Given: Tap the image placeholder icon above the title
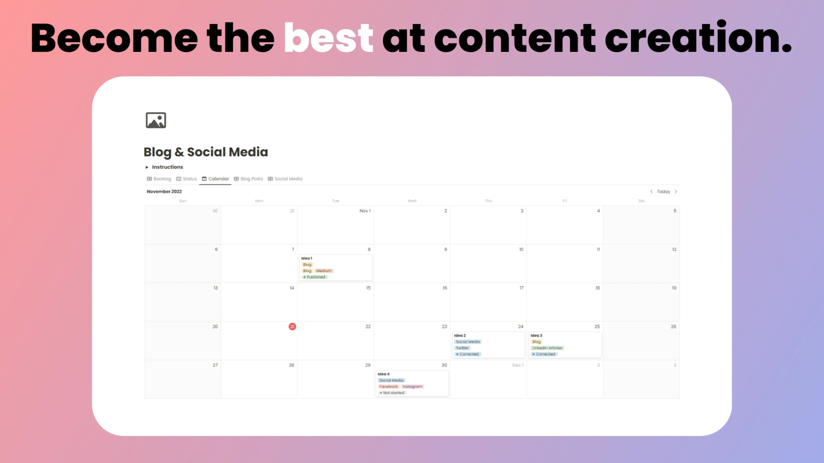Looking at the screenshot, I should (156, 120).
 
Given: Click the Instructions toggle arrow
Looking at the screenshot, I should (147, 167).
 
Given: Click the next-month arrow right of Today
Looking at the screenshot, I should (676, 191).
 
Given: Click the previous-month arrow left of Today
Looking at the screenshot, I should (651, 191).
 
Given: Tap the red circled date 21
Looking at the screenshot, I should (292, 327).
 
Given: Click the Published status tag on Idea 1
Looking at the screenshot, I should (315, 277).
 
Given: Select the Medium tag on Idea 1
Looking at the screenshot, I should (324, 271).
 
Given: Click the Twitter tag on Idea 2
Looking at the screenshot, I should (462, 348).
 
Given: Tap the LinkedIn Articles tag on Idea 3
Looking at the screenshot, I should (547, 348).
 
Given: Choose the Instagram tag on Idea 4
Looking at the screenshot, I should (412, 387).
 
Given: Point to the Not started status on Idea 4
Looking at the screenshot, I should (392, 393).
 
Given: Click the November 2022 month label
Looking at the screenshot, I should (164, 191).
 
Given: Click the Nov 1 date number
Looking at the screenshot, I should (365, 211).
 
